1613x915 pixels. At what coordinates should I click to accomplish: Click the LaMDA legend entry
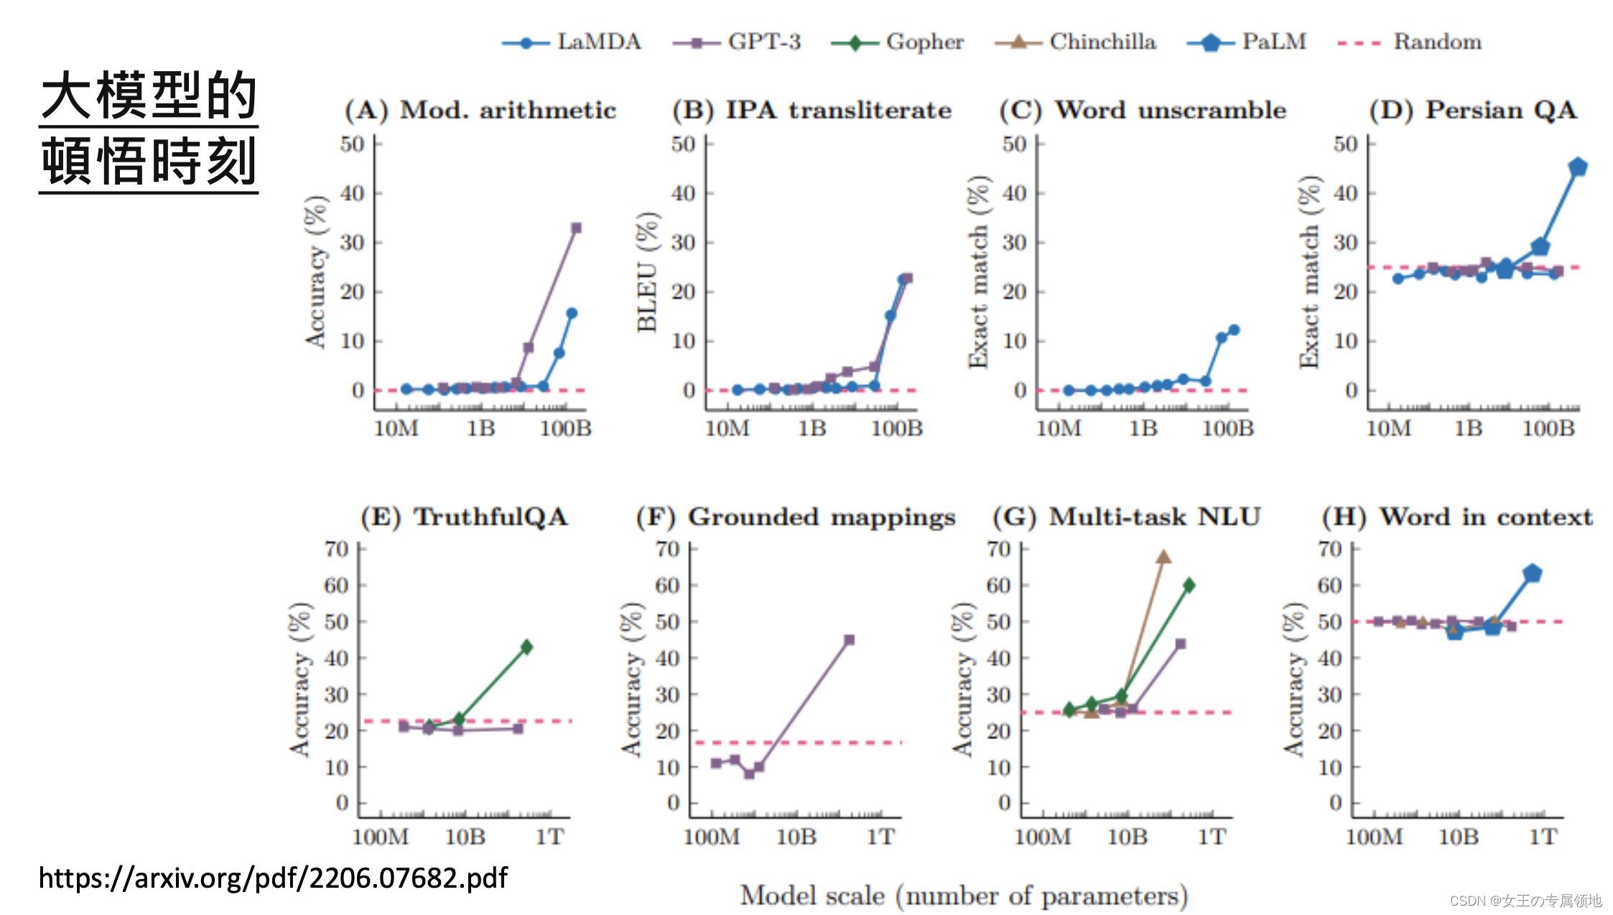(572, 42)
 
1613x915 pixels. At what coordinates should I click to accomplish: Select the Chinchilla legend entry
(1075, 42)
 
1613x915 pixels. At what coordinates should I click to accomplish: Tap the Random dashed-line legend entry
(1409, 42)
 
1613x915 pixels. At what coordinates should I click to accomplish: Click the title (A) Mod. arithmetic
(480, 110)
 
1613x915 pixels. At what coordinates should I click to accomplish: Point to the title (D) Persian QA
(1473, 110)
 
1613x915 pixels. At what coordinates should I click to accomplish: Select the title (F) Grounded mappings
(796, 517)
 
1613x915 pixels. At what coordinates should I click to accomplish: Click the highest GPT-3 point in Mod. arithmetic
(576, 228)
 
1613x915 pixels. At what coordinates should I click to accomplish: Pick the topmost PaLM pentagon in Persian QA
(1578, 167)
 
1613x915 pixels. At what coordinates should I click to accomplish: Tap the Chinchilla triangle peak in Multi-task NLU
(1163, 557)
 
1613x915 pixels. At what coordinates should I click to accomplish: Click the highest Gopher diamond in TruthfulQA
(526, 646)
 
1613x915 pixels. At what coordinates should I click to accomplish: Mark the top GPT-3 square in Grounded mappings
(849, 639)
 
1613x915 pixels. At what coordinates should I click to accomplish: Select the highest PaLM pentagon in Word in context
(1533, 573)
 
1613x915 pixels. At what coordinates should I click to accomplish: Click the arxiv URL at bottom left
(273, 878)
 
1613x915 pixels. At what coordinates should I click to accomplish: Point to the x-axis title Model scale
(964, 896)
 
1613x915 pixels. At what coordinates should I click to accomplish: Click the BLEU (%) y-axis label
(647, 271)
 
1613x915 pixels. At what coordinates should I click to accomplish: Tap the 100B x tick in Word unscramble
(1227, 429)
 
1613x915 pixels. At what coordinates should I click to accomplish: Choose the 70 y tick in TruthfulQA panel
(336, 549)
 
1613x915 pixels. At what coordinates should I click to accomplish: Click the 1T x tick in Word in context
(1543, 837)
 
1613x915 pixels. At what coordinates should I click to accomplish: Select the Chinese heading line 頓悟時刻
(149, 162)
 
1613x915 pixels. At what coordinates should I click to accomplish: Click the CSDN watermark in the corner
(1525, 900)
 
